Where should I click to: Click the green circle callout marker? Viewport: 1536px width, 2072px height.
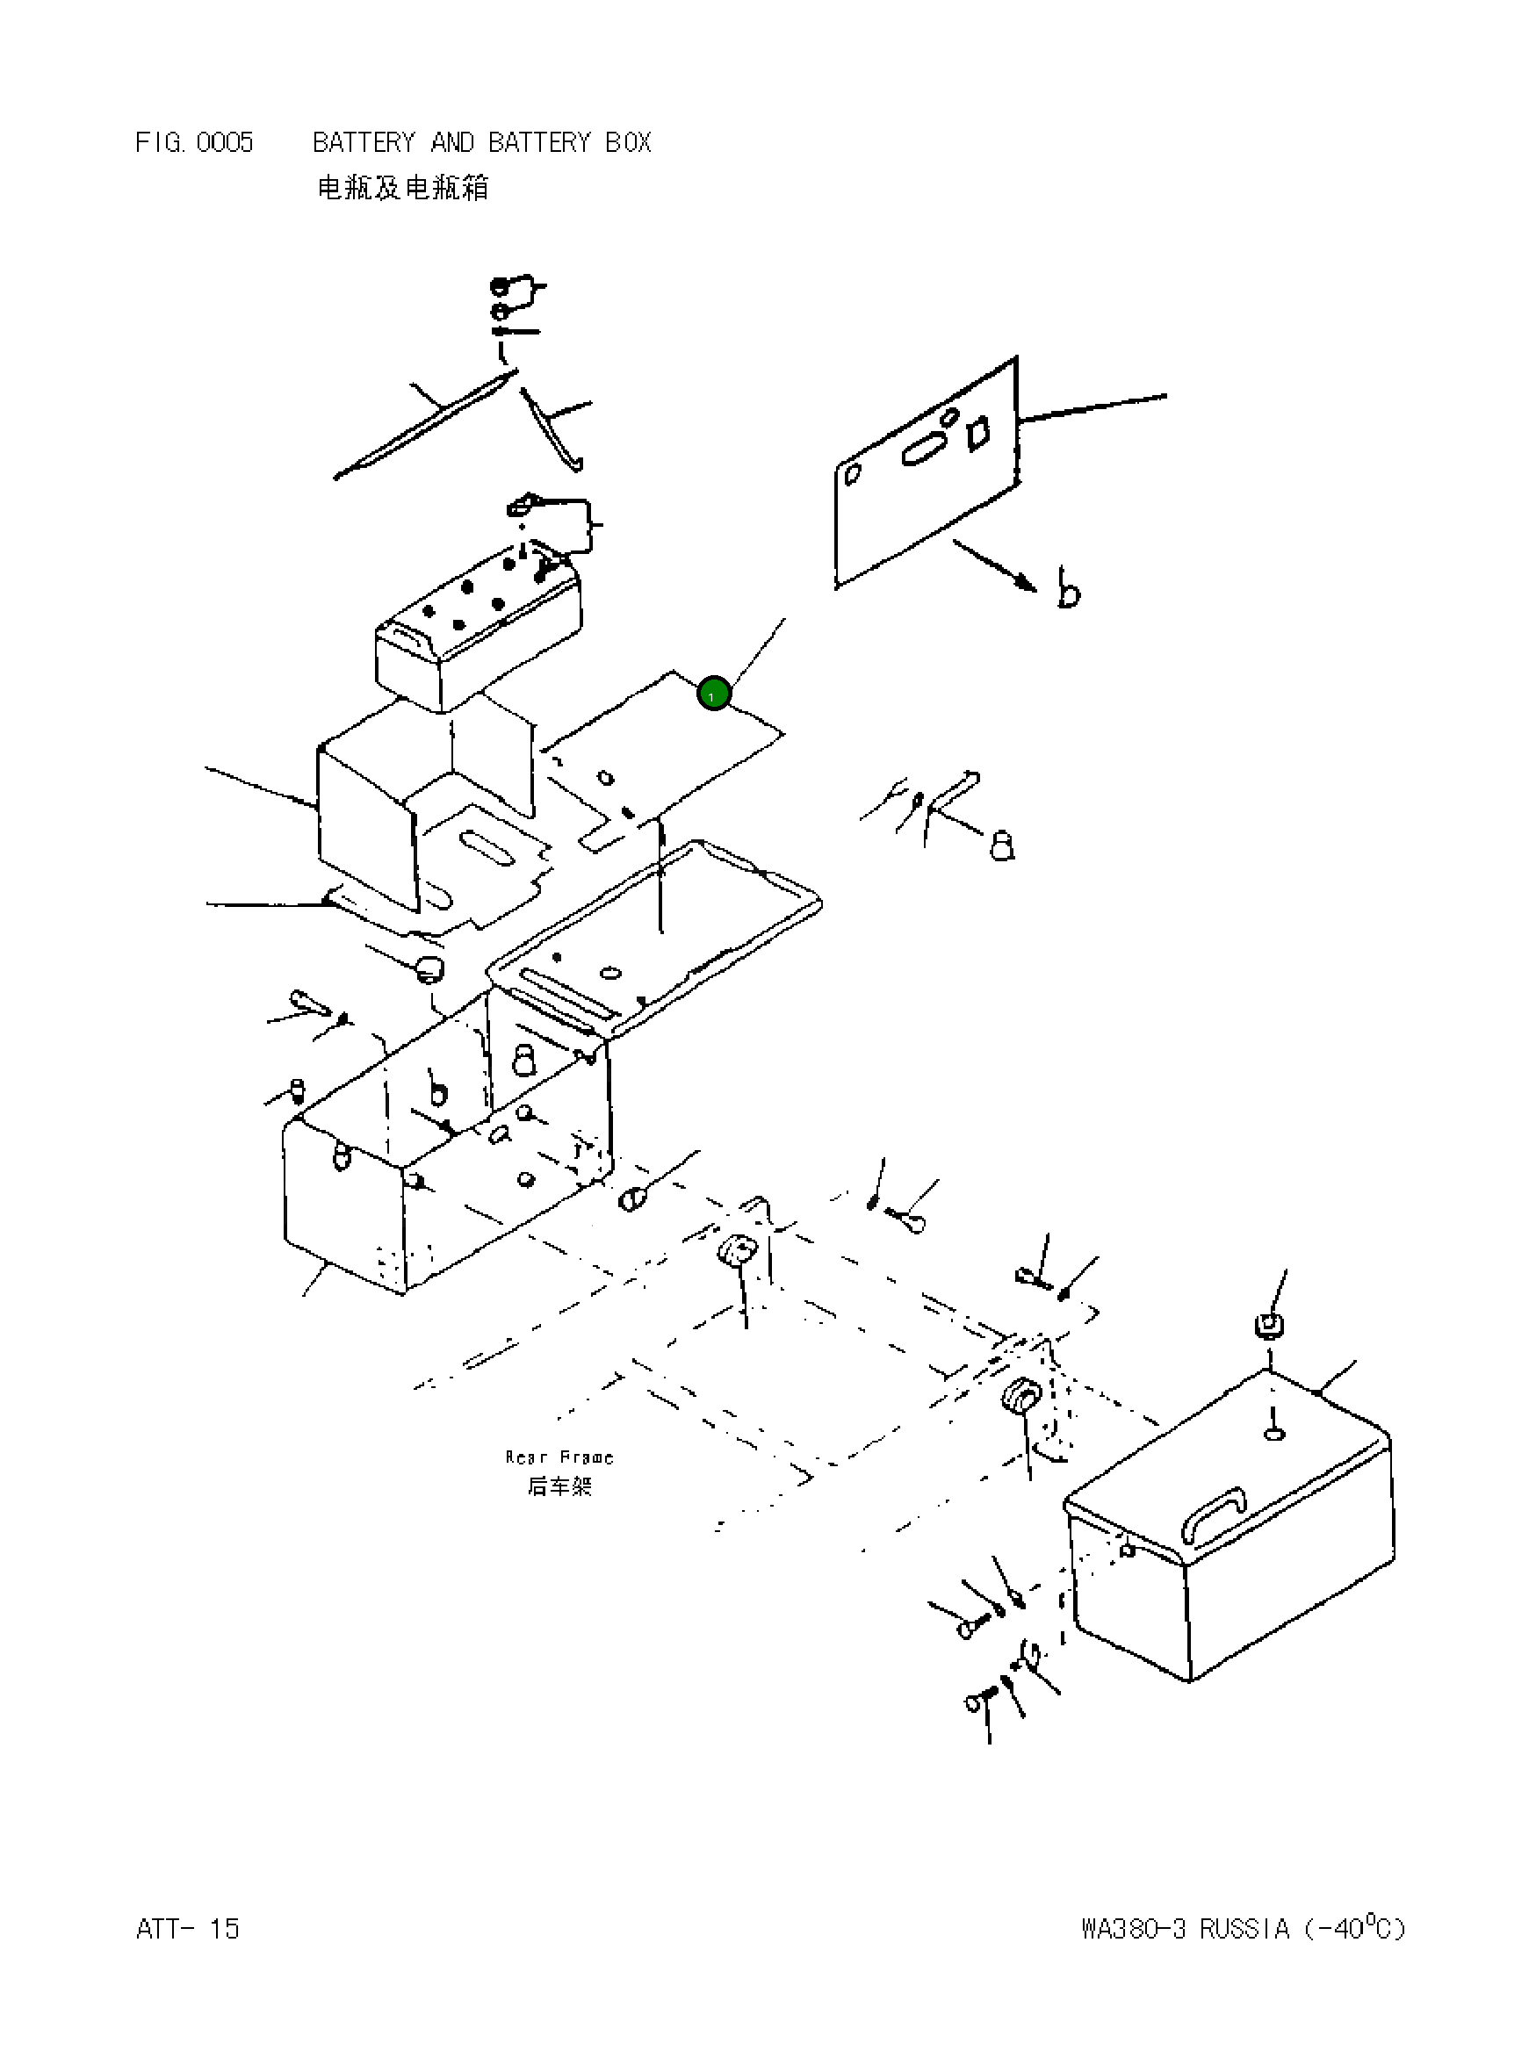click(713, 694)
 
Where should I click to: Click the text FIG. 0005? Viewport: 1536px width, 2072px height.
click(193, 143)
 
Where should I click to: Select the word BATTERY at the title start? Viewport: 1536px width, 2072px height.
click(364, 143)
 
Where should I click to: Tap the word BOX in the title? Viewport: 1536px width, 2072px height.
click(628, 143)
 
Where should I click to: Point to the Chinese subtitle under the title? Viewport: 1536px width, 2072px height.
click(402, 188)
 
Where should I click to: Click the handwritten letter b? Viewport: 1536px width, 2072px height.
click(1068, 587)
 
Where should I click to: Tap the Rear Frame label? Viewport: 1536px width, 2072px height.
click(559, 1457)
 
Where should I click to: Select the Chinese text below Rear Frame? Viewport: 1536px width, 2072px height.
click(559, 1486)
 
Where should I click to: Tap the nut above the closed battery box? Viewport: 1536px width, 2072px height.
click(1269, 1326)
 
